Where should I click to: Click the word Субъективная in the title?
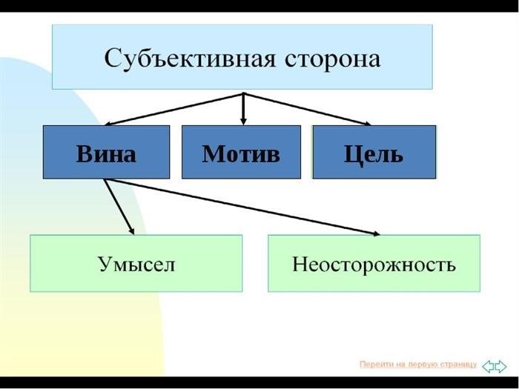[190, 59]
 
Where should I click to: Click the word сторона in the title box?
[332, 59]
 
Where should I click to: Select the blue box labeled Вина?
[106, 152]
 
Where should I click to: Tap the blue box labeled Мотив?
[241, 152]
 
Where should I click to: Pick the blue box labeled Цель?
[374, 152]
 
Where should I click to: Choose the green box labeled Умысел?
[136, 263]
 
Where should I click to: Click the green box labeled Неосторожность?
[374, 263]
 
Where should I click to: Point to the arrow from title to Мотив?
[243, 109]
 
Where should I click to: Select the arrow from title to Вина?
[173, 109]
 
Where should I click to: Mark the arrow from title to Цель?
[307, 109]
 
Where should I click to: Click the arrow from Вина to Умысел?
[119, 207]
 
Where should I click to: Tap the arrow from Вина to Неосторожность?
[242, 207]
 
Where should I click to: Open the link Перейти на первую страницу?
[418, 365]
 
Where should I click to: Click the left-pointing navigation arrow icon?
[488, 367]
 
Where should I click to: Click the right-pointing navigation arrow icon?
[500, 367]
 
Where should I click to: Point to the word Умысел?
[136, 265]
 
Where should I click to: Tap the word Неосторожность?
[374, 265]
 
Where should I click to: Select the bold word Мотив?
[241, 154]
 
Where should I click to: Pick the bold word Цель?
[374, 154]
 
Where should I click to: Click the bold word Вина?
[106, 154]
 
